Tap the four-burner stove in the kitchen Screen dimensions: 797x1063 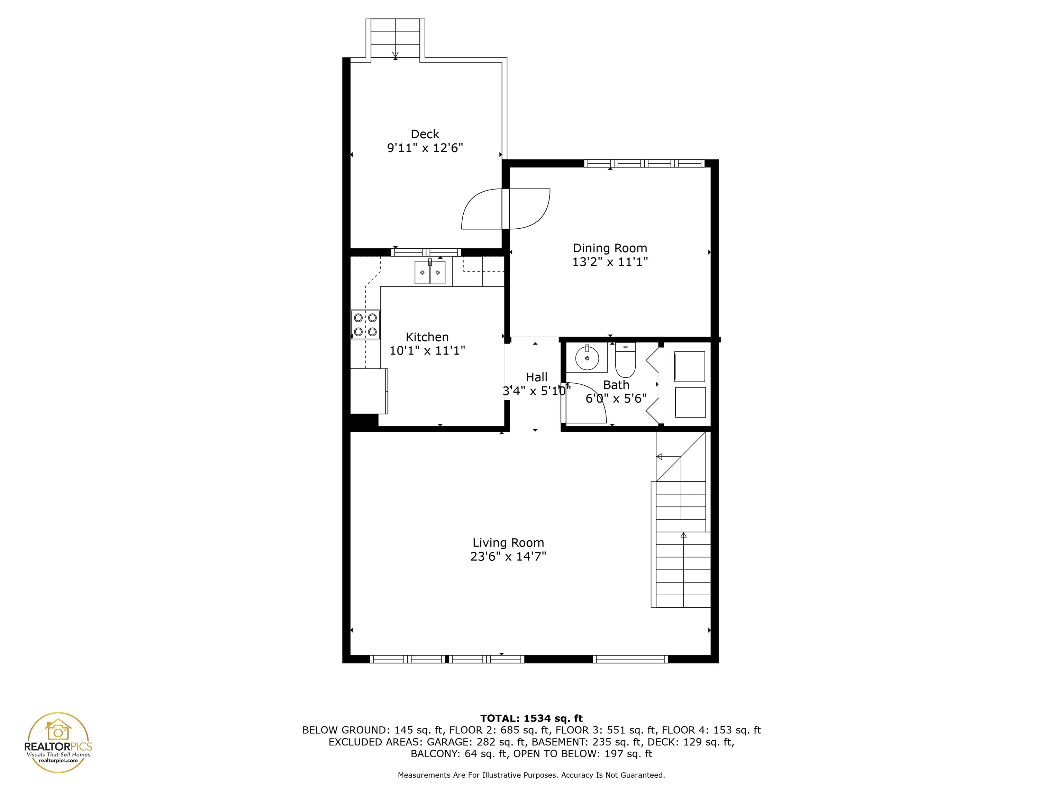(365, 325)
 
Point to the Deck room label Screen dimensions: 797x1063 (425, 134)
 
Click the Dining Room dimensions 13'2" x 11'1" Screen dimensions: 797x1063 (610, 262)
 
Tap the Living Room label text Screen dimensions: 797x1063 (508, 543)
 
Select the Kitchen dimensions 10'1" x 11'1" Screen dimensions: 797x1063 (427, 351)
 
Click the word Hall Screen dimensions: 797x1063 (536, 377)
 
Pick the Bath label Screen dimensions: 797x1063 (616, 385)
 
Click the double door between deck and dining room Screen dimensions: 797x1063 (506, 209)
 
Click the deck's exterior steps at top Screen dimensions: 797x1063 (395, 38)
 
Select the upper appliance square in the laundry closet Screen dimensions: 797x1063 (690, 367)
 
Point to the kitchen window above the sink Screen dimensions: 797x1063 (426, 252)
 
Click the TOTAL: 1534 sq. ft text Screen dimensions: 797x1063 (531, 718)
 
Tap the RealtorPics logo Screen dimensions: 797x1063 (58, 742)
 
